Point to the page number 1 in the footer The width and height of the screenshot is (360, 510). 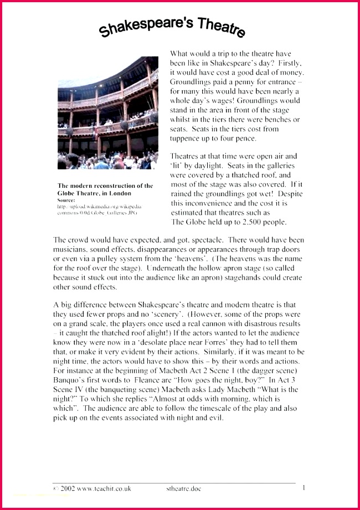click(x=304, y=488)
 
